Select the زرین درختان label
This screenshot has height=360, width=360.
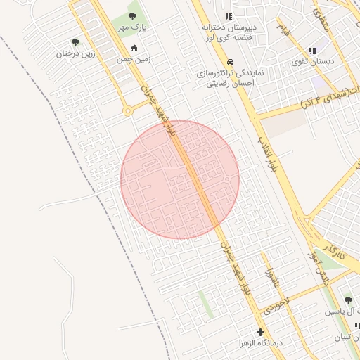pyautogui.click(x=75, y=53)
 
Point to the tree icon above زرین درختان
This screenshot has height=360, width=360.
pyautogui.click(x=75, y=42)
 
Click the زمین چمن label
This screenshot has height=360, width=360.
pyautogui.click(x=134, y=60)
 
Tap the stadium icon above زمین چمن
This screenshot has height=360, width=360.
pyautogui.click(x=134, y=49)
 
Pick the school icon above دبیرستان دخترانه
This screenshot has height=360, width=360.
pyautogui.click(x=228, y=16)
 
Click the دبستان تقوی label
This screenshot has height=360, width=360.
pyautogui.click(x=312, y=62)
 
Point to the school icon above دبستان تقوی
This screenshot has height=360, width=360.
pyautogui.click(x=312, y=51)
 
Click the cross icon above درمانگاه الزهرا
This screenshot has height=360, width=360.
pyautogui.click(x=261, y=332)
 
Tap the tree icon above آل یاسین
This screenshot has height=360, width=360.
pyautogui.click(x=347, y=300)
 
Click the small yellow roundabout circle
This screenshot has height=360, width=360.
pyautogui.click(x=127, y=110)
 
